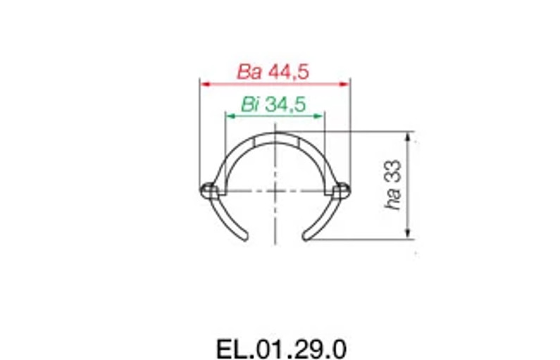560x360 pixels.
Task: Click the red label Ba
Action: pos(250,72)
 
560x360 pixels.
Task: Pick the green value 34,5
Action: pos(285,105)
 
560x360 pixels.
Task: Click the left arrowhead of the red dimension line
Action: pos(204,83)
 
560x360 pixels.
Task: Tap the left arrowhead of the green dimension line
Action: pos(228,115)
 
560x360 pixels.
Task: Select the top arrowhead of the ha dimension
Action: pos(409,135)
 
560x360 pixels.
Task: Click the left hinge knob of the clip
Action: pos(208,189)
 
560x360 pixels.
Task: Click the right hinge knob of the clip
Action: pos(342,189)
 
